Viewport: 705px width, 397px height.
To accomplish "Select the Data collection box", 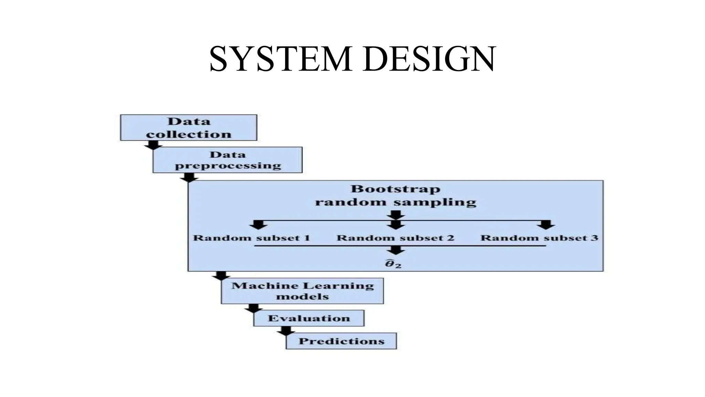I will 188,128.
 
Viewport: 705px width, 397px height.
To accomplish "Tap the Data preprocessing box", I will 228,160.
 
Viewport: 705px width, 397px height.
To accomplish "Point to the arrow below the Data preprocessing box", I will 189,177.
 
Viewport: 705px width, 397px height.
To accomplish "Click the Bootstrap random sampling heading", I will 396,195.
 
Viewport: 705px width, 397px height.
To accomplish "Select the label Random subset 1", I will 251,238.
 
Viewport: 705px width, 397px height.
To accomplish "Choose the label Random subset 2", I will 395,238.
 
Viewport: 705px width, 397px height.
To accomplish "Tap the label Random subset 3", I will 539,238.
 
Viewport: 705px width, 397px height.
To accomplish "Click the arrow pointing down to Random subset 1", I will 258,225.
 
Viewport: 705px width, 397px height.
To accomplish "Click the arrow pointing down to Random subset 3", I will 546,225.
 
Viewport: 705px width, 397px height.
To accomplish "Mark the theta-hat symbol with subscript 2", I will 393,264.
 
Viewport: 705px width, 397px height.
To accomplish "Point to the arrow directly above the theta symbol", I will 396,250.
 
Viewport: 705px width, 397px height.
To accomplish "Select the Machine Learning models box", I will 302,291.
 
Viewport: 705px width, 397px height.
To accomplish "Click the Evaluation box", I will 309,318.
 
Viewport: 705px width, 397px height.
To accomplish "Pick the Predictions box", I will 341,341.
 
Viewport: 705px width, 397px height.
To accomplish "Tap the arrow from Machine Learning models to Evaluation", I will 254,308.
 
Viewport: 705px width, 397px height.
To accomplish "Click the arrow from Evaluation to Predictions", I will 286,330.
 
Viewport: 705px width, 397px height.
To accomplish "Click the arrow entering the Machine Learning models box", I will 221,276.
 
